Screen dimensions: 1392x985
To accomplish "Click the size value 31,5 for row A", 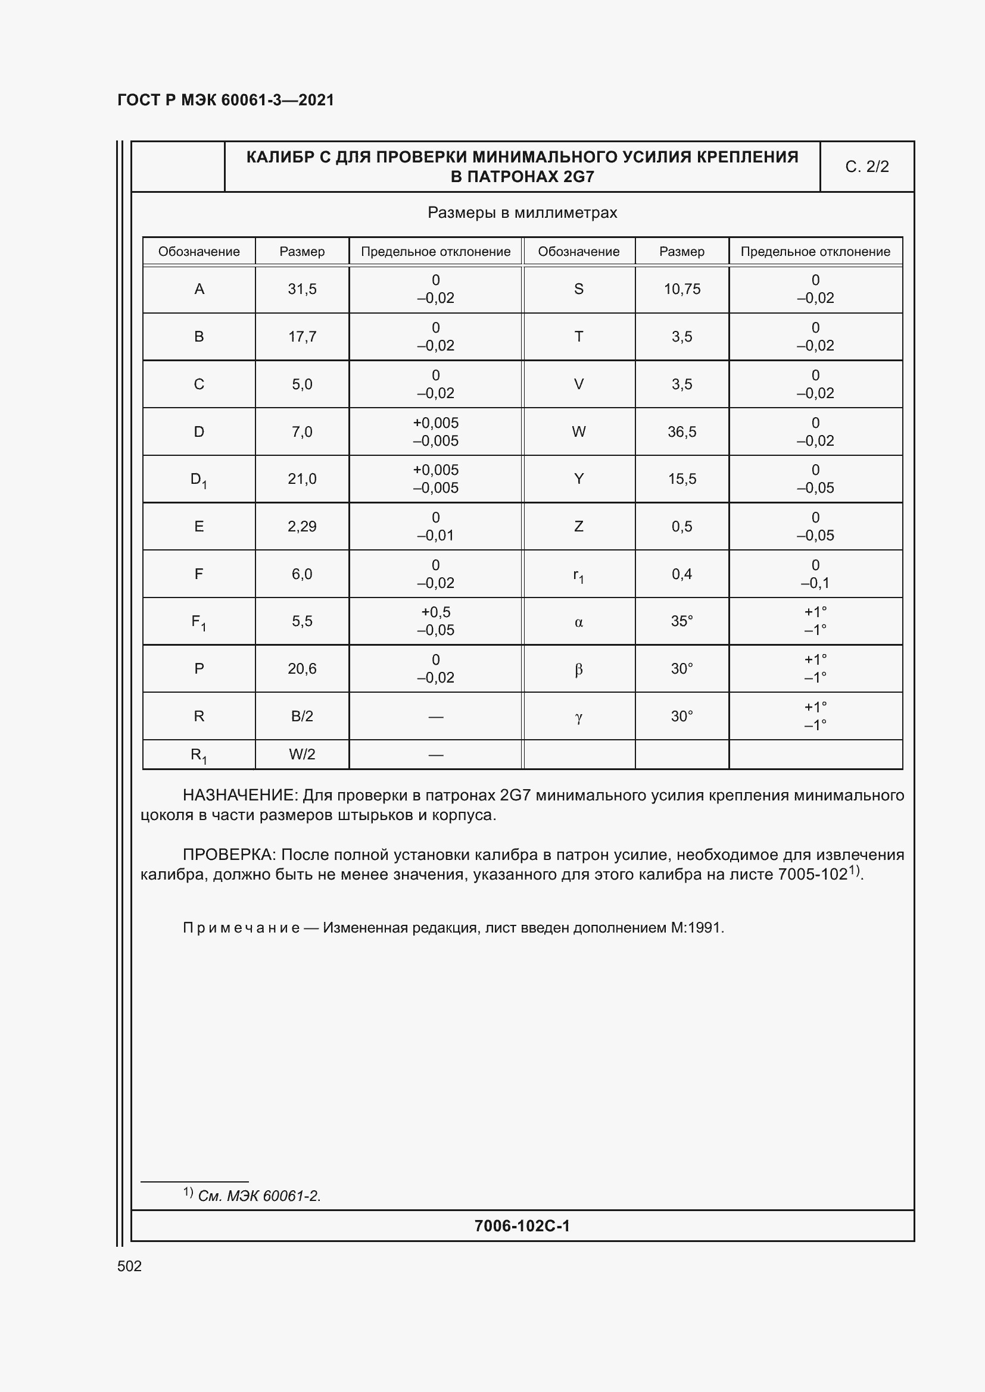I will (302, 289).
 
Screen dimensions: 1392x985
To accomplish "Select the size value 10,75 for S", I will (682, 289).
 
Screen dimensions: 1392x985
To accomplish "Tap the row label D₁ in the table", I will (199, 480).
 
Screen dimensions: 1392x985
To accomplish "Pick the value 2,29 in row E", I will (302, 526).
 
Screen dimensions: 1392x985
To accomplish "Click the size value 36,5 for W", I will (682, 431).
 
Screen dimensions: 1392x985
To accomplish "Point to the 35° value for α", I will (682, 621).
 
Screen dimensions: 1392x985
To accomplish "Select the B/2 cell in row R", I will (302, 716).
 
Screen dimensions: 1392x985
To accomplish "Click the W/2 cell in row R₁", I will (302, 754).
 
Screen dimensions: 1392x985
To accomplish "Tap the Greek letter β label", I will (579, 670).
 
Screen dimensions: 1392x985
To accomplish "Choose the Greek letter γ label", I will (579, 717).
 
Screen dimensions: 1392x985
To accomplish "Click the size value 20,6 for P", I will (302, 668).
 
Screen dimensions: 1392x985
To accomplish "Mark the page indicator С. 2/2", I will (866, 167).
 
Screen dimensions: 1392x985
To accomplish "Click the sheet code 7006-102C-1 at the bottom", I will (522, 1226).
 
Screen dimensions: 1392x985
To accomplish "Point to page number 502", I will (129, 1266).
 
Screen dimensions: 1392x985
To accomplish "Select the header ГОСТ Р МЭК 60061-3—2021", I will (226, 100).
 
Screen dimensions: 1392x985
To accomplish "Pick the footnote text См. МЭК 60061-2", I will (259, 1196).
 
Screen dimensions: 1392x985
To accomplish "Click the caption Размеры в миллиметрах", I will (522, 213).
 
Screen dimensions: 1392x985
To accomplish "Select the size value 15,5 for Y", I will (682, 479).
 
